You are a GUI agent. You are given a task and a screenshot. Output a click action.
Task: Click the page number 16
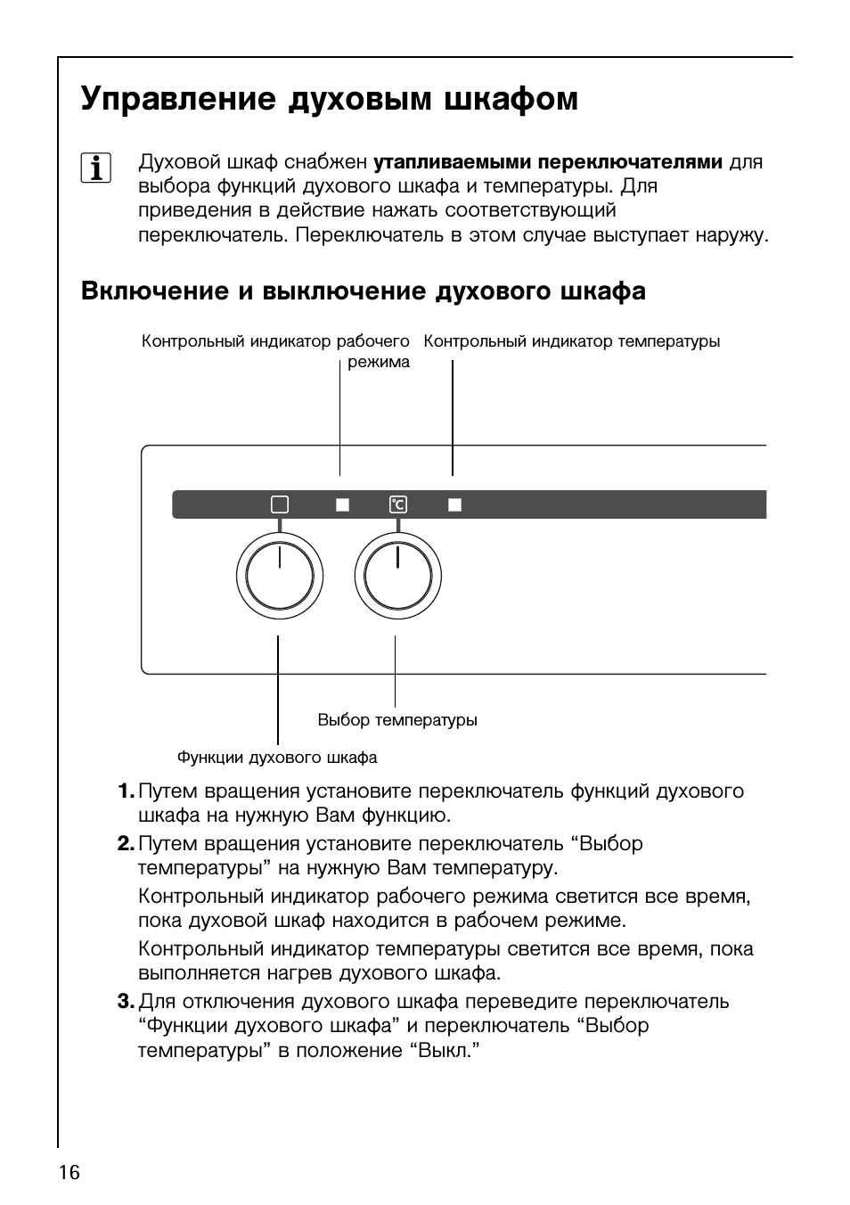click(x=69, y=1172)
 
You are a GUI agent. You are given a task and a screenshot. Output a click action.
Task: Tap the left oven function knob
click(x=280, y=577)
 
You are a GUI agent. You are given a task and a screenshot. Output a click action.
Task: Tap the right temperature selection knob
click(x=398, y=577)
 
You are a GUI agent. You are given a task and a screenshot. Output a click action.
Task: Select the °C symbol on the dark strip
click(x=397, y=504)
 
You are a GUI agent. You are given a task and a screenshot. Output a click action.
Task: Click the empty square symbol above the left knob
click(x=280, y=504)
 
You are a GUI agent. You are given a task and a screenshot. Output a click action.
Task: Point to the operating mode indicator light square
click(x=342, y=504)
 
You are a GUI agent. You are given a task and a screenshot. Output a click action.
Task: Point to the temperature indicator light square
click(x=454, y=504)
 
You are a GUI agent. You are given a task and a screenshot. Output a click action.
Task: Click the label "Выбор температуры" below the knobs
click(x=397, y=720)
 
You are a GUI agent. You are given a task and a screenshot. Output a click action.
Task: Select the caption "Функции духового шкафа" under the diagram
click(x=277, y=758)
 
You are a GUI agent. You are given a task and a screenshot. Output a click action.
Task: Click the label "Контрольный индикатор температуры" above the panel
click(x=572, y=341)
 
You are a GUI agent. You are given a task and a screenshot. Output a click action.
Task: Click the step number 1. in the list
click(x=126, y=791)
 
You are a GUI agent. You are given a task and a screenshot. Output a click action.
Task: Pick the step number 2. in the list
click(x=126, y=844)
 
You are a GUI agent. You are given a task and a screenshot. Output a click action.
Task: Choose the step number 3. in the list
click(x=126, y=1002)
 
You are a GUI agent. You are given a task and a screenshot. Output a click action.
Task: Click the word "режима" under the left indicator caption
click(x=379, y=362)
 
